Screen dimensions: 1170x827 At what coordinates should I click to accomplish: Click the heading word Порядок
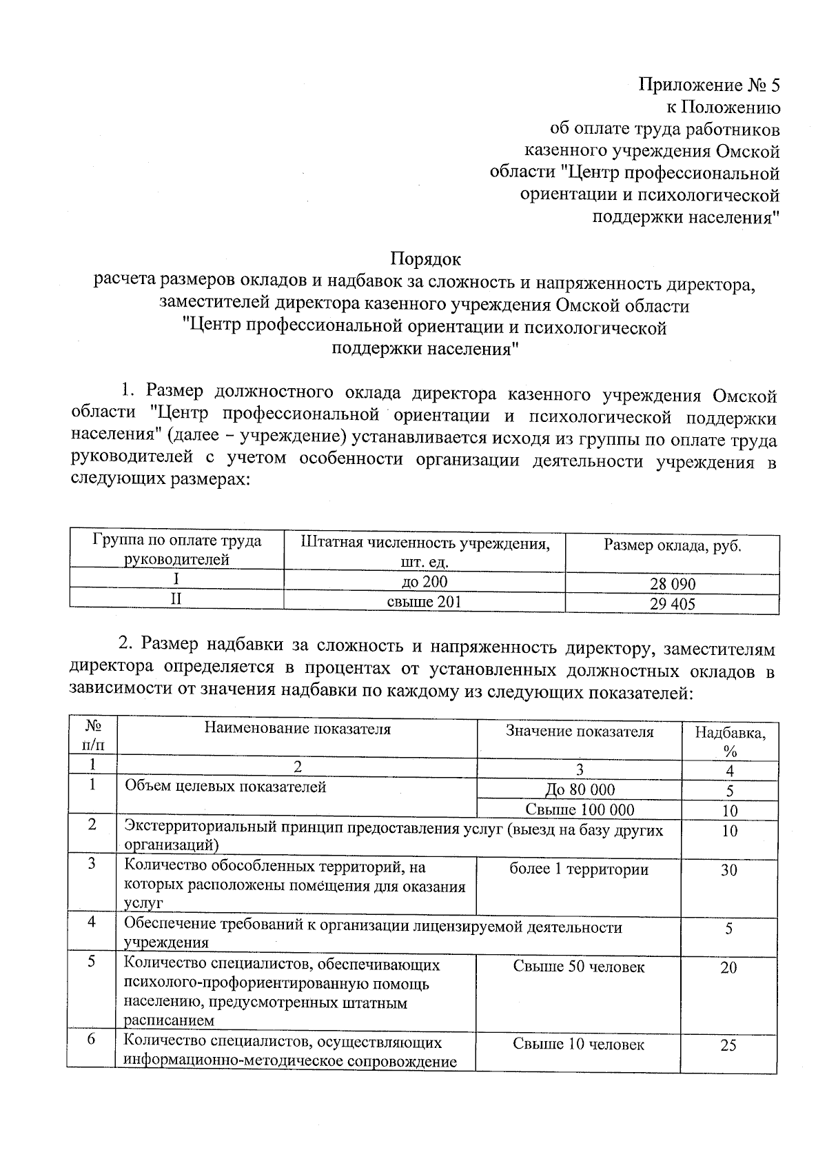(x=425, y=259)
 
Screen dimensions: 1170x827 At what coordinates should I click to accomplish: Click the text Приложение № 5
(x=709, y=85)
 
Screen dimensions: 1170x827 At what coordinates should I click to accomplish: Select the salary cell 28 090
(x=673, y=584)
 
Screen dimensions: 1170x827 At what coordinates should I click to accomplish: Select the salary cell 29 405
(x=673, y=604)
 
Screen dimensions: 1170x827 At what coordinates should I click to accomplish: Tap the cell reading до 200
(x=425, y=582)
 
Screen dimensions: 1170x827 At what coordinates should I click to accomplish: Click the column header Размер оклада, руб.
(x=672, y=546)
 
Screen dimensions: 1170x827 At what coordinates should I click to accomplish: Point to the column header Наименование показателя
(x=297, y=729)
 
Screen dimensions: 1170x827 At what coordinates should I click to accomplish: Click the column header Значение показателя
(x=579, y=732)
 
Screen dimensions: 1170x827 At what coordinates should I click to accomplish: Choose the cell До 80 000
(x=580, y=789)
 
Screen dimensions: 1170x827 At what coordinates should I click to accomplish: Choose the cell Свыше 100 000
(x=580, y=809)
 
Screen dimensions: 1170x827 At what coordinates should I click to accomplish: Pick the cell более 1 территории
(x=579, y=869)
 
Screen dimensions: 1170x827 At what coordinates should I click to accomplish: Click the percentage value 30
(x=729, y=870)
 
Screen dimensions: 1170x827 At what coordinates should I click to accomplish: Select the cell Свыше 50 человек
(x=579, y=967)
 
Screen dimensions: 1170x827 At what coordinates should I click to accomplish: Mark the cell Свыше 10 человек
(x=579, y=1045)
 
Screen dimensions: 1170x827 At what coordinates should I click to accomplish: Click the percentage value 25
(x=728, y=1045)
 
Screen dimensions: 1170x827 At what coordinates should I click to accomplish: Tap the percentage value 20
(x=728, y=967)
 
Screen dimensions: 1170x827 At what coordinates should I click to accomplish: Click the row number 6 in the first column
(x=92, y=1040)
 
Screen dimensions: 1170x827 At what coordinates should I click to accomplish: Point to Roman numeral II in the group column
(x=176, y=599)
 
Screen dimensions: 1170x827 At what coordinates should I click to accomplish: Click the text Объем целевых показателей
(x=225, y=787)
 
